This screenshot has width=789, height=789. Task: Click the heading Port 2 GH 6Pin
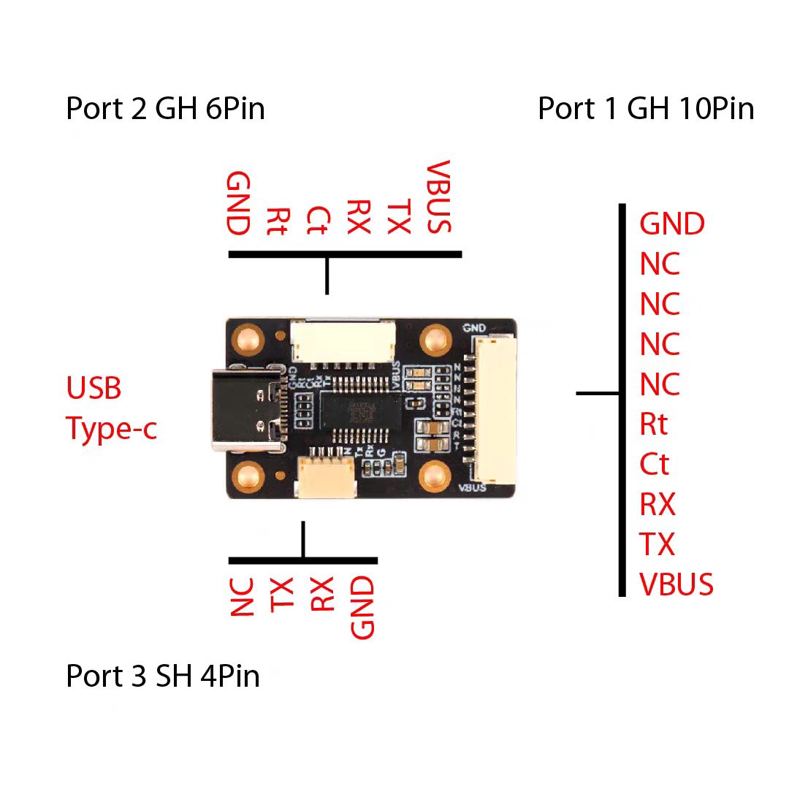(x=165, y=109)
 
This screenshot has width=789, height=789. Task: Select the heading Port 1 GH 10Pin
(x=646, y=109)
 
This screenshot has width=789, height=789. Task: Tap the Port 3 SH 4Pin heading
(x=163, y=676)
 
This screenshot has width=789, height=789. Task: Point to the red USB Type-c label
(x=111, y=408)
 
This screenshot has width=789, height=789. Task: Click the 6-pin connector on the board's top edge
(x=343, y=341)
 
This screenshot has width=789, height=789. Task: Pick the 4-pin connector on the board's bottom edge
(x=327, y=476)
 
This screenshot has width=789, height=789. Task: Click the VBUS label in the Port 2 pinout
(x=439, y=197)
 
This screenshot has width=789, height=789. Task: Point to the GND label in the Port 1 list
(x=672, y=224)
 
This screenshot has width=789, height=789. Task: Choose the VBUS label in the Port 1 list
(x=676, y=584)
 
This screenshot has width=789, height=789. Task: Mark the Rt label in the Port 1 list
(x=654, y=424)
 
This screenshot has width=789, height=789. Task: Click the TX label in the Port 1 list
(x=657, y=544)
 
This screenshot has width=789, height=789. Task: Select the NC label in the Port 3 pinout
(x=242, y=597)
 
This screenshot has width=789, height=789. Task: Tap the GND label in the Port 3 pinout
(x=362, y=607)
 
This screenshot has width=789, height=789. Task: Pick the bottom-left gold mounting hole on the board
(x=249, y=478)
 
